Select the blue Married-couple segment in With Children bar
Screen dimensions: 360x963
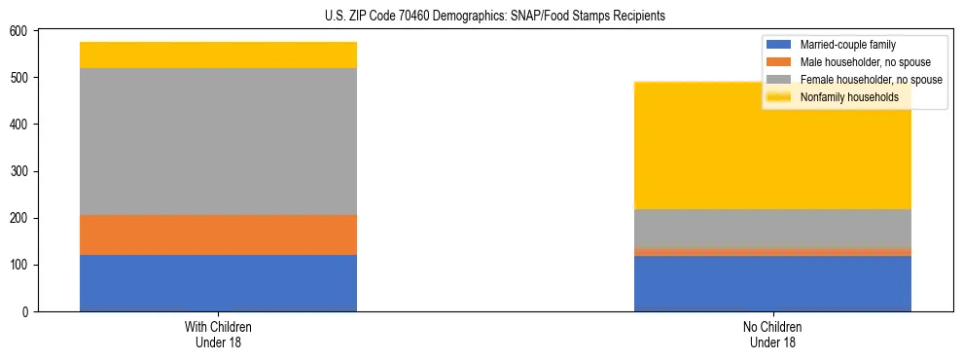[x=218, y=283]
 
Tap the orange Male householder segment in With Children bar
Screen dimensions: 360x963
[x=218, y=234]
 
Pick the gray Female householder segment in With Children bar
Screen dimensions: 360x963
[x=218, y=141]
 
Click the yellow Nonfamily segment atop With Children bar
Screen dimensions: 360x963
[x=218, y=54]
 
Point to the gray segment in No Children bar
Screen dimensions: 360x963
[x=772, y=228]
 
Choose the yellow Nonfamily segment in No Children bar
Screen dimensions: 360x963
[x=772, y=146]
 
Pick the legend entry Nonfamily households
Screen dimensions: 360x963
[x=842, y=97]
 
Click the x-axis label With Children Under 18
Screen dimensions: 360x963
[x=218, y=334]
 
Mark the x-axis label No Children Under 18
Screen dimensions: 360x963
[x=772, y=334]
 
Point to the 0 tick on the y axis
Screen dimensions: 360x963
[x=26, y=312]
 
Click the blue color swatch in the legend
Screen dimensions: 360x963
[x=780, y=45]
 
